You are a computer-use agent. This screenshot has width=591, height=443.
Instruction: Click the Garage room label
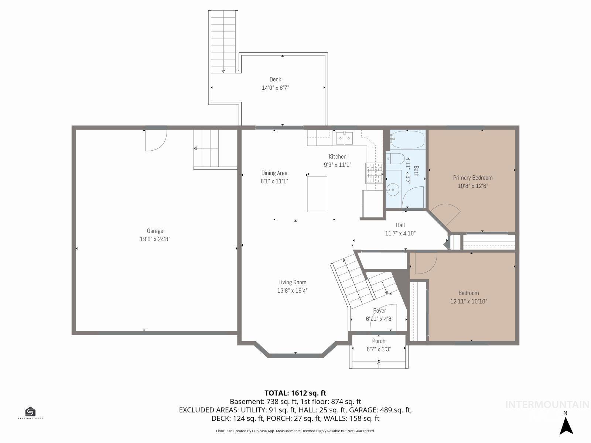tap(155, 231)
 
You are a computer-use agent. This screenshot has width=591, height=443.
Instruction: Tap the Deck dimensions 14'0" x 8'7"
tap(275, 88)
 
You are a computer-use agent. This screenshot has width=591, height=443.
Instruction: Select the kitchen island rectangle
tap(317, 194)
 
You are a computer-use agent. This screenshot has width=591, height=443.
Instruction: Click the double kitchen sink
tap(344, 138)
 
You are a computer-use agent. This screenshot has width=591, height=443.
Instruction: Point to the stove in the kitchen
tap(374, 173)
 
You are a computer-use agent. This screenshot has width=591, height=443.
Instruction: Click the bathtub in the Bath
tap(407, 140)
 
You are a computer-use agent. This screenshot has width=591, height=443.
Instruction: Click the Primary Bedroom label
tap(473, 178)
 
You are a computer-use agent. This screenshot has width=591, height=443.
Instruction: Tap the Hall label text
tap(400, 225)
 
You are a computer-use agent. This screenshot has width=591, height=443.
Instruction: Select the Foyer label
tap(379, 310)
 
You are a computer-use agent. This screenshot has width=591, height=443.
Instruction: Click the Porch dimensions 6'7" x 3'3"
tap(379, 349)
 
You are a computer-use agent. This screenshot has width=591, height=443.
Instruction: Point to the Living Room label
tap(292, 282)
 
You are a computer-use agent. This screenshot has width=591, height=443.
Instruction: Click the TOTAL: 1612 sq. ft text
tap(295, 393)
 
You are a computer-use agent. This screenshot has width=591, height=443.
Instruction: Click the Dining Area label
tap(274, 173)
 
